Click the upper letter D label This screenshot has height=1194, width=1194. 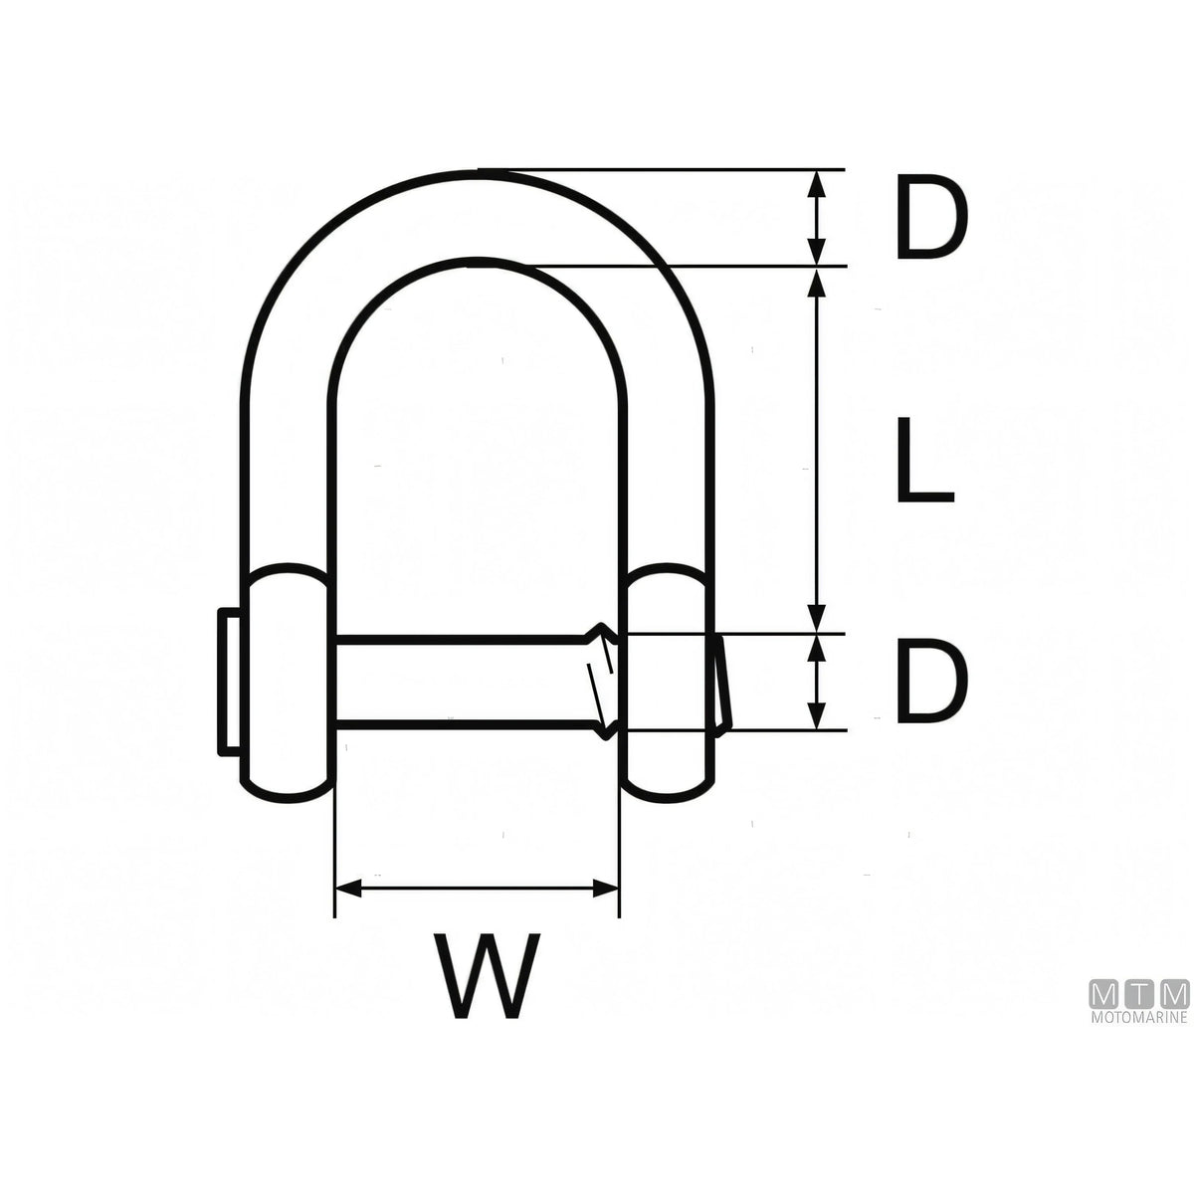(x=931, y=217)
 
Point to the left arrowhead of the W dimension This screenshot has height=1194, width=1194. (x=347, y=888)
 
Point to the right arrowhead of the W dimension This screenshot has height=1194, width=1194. (x=606, y=888)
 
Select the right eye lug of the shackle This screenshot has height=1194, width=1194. (x=669, y=683)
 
